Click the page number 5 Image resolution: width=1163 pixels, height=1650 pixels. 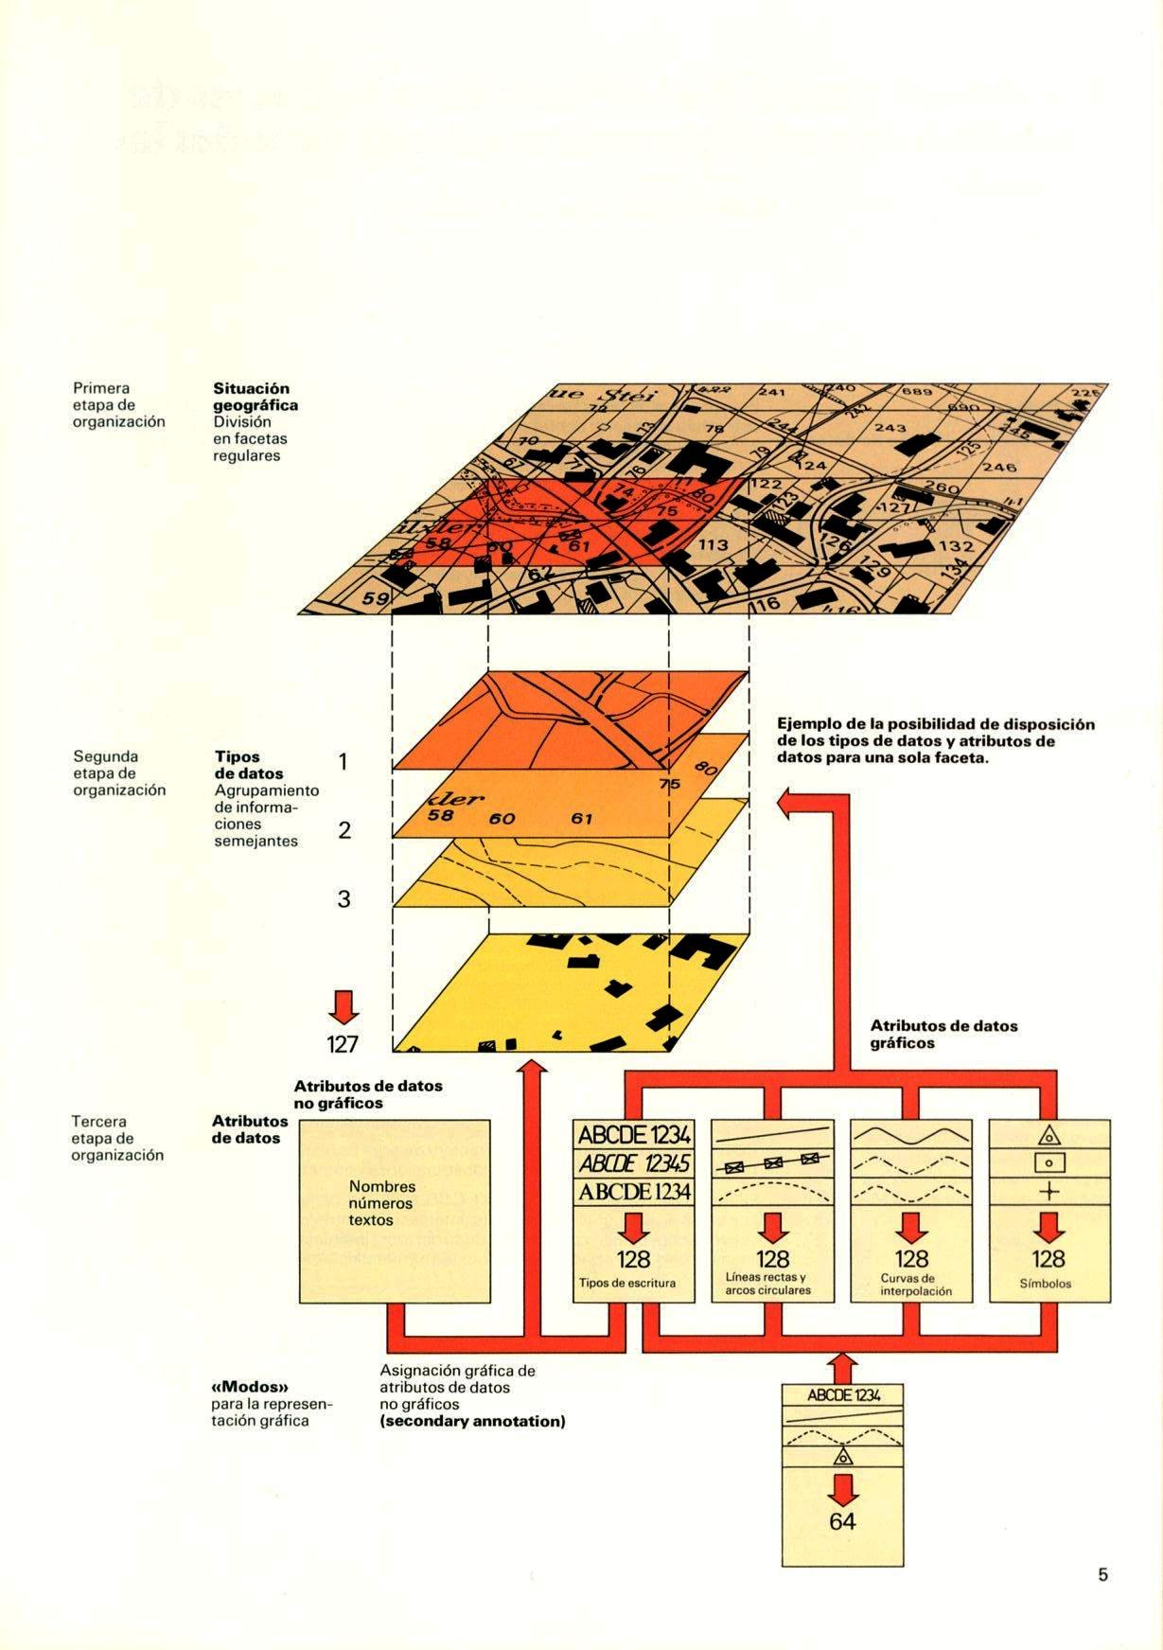coord(1102,1575)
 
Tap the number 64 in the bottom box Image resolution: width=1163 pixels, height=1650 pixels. coord(842,1548)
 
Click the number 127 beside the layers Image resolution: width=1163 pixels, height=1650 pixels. coord(343,1043)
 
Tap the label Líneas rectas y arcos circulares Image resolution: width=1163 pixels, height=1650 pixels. coord(772,1284)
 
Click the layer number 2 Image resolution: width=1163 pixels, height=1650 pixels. coord(344,830)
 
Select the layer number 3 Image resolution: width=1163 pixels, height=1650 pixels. coord(344,898)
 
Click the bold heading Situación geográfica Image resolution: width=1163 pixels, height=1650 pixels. coord(256,397)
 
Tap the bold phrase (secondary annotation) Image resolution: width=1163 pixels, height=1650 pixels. coord(472,1421)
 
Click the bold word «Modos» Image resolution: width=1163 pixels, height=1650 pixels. coord(249,1387)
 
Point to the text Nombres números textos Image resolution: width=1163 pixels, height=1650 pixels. coord(381,1203)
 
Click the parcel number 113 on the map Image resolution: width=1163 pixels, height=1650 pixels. coord(714,544)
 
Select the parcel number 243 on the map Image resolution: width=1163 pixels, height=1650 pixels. coord(891,429)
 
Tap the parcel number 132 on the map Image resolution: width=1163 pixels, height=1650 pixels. coord(956,546)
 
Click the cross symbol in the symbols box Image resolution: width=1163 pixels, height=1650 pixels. coord(1048,1192)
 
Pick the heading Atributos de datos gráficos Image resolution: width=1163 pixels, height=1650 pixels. coord(943,1034)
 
